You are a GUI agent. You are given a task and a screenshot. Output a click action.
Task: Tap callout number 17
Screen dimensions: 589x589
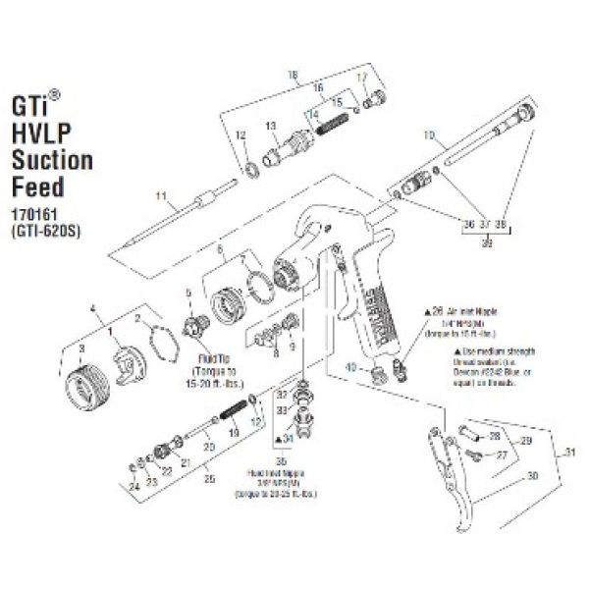(x=361, y=76)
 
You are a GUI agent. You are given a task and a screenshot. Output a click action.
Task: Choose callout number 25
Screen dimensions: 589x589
(x=205, y=480)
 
